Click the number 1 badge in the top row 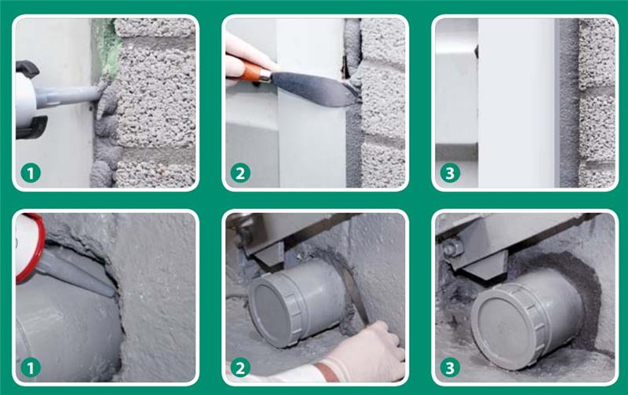coord(31,174)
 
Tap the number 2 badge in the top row coord(240,174)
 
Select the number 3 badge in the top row coord(450,174)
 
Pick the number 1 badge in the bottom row coord(31,368)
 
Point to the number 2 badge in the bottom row coord(240,368)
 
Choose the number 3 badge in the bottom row coord(450,368)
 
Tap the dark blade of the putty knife coord(312,88)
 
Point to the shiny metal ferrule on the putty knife coord(265,75)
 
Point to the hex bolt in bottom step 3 coord(454,247)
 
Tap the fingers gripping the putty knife coord(245,60)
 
